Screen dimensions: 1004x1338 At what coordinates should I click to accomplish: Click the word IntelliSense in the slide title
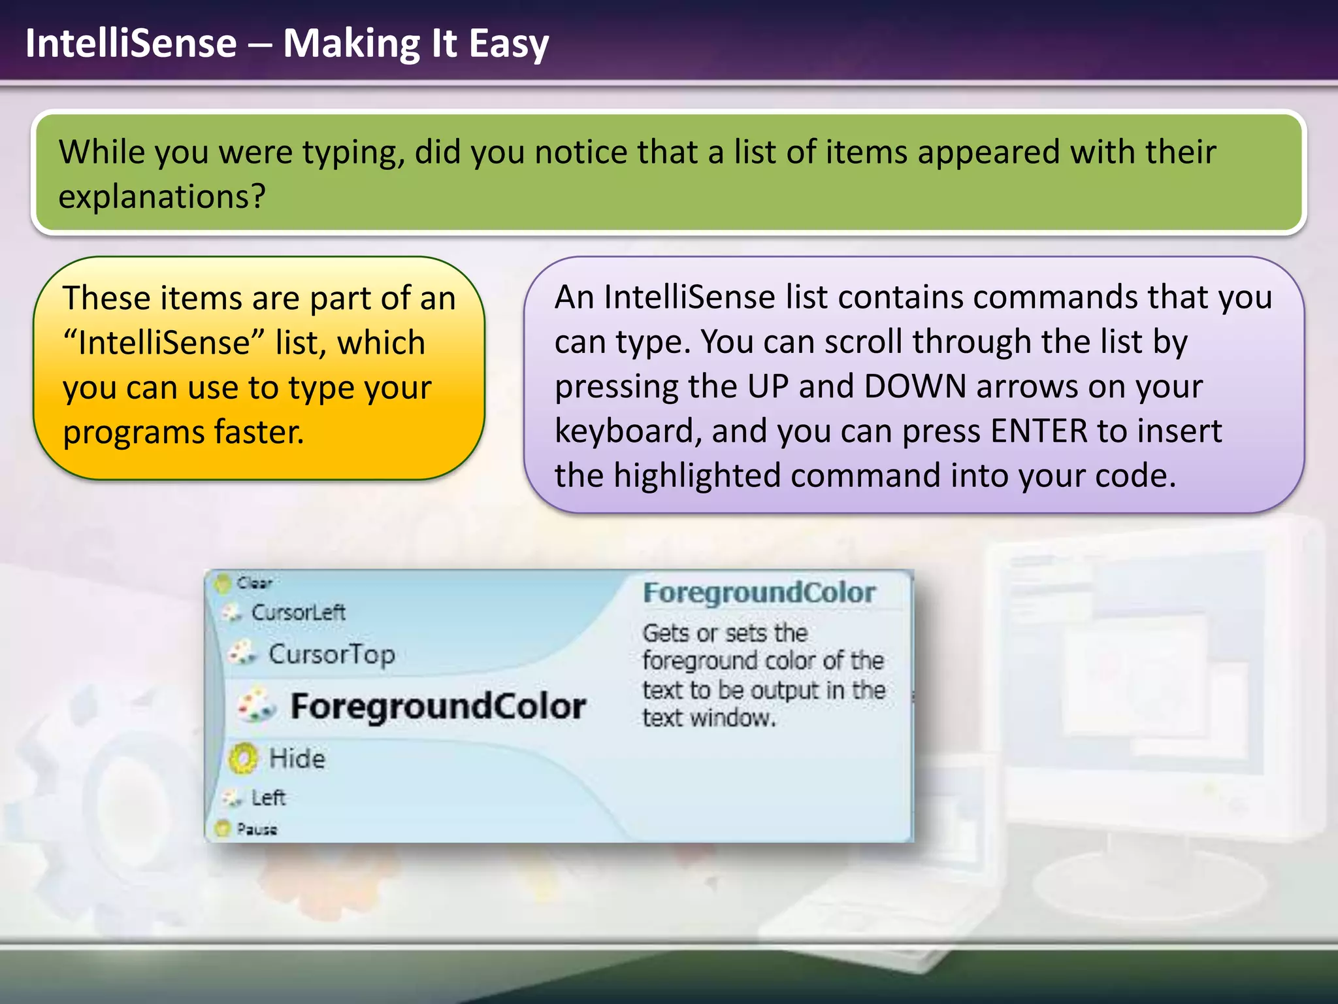click(131, 43)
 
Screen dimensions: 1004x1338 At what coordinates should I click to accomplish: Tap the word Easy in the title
click(508, 44)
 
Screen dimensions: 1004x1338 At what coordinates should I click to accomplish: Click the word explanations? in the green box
click(162, 196)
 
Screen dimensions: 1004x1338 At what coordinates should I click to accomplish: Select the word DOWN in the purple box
click(915, 386)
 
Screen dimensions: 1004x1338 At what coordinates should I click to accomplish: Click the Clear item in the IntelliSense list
click(253, 582)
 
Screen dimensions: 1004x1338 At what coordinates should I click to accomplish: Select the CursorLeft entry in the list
click(298, 612)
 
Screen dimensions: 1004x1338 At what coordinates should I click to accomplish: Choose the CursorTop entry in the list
click(331, 654)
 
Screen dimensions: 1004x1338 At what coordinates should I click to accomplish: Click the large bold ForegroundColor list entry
click(438, 707)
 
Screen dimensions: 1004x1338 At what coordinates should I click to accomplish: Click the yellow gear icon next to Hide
click(244, 758)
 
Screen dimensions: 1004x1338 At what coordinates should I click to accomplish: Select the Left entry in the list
click(268, 797)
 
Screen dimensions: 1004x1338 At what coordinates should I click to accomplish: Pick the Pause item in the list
click(256, 829)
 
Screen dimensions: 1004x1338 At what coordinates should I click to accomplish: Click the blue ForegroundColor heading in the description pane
click(759, 593)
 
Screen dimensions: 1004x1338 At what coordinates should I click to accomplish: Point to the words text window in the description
click(708, 718)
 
